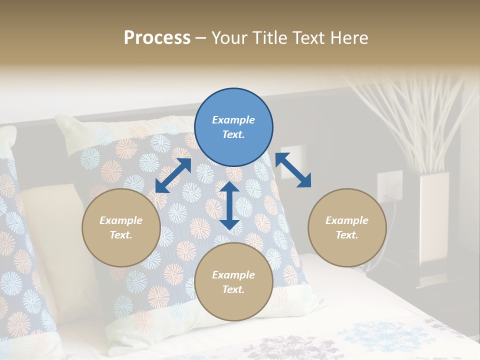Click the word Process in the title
point(157,38)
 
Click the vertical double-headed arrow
point(229,205)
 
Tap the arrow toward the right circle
point(293,170)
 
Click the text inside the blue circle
point(233,127)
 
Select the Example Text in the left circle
point(121,227)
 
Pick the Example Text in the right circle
point(347,227)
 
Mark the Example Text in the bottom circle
point(233,282)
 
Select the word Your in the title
point(230,38)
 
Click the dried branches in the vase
point(415,115)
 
